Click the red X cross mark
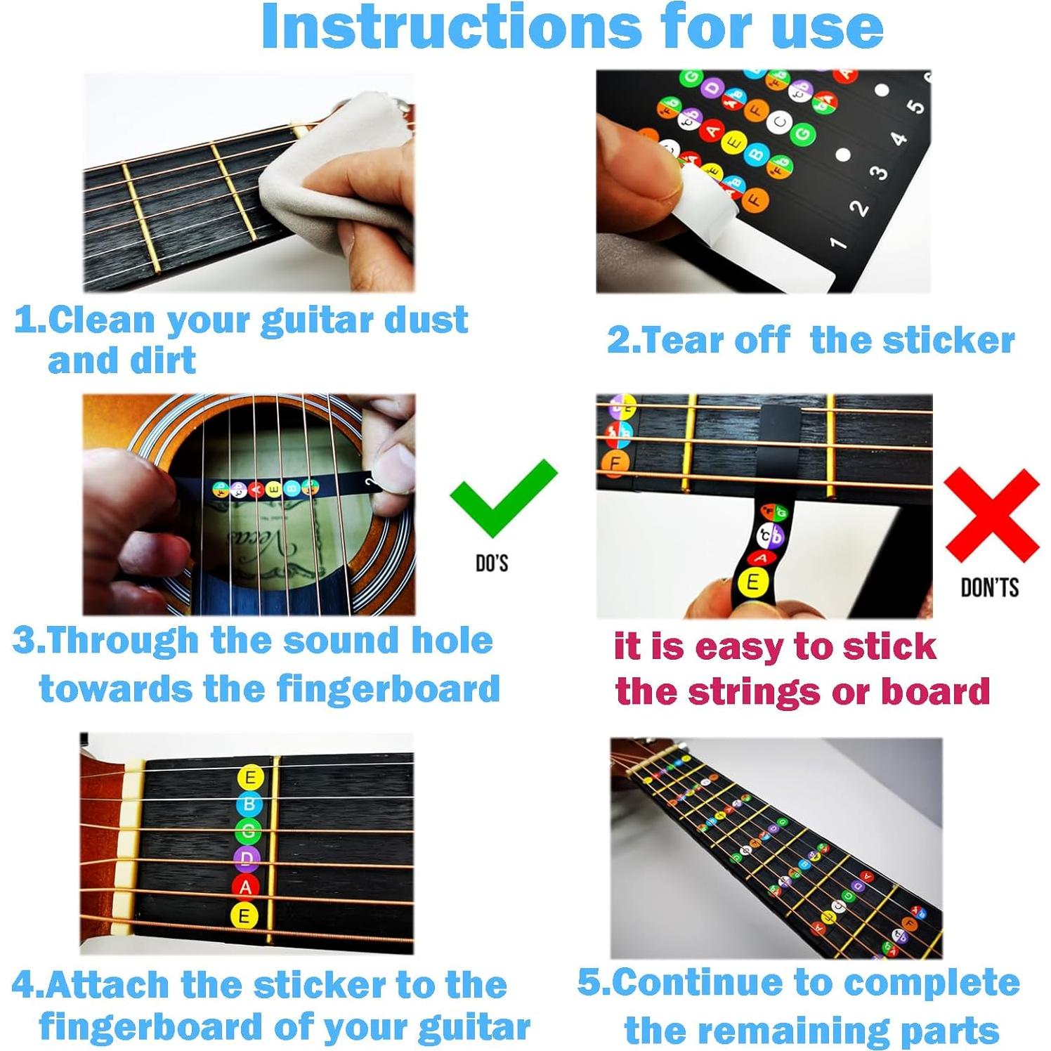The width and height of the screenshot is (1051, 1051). tap(991, 515)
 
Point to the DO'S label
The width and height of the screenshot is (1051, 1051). tap(492, 563)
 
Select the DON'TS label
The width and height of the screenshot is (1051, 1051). tap(989, 587)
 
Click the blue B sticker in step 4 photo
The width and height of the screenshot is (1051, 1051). tap(249, 804)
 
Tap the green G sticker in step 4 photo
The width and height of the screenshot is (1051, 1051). tap(247, 831)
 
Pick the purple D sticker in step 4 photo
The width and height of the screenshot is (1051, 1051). tap(247, 859)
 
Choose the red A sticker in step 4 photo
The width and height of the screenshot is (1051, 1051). tap(245, 887)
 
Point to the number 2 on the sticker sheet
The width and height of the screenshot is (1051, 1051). tap(859, 208)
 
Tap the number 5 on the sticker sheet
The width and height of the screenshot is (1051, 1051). tap(915, 106)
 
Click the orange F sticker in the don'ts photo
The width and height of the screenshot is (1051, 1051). tap(615, 463)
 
